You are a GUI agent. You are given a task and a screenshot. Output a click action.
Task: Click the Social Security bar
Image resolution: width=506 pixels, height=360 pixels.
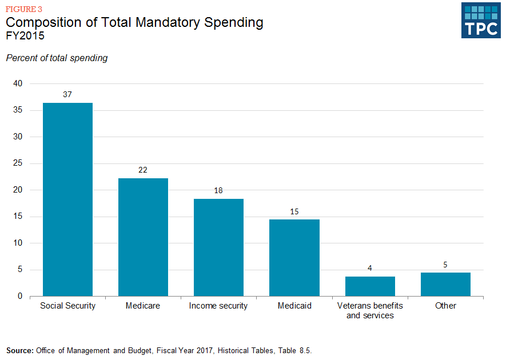tap(67, 199)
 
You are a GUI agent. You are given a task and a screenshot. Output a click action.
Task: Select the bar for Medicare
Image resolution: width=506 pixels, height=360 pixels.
tap(143, 237)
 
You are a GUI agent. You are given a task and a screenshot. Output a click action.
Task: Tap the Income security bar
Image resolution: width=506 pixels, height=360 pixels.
tap(218, 247)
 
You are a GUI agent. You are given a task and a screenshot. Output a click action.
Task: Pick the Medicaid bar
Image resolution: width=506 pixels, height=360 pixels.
tap(294, 258)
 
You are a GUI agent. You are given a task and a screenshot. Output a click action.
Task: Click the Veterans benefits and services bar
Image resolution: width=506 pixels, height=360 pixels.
tap(370, 286)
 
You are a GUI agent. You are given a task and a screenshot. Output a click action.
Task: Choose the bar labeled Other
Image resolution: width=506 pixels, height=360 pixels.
tap(445, 285)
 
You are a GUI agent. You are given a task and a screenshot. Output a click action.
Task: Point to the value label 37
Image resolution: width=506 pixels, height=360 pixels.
tap(67, 94)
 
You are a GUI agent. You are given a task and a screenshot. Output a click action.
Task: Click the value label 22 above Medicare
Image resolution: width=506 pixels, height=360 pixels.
tap(143, 170)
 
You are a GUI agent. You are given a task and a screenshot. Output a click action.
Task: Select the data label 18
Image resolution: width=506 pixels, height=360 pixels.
tap(218, 190)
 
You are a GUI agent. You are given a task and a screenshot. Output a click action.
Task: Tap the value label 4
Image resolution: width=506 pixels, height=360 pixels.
tap(370, 268)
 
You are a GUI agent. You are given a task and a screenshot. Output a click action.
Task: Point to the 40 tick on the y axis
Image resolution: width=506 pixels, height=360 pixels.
tap(18, 83)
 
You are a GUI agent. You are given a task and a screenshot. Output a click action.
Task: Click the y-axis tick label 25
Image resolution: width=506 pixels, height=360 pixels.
tap(18, 163)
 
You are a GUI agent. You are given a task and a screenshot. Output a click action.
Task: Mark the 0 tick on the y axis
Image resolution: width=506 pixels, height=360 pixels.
tap(20, 296)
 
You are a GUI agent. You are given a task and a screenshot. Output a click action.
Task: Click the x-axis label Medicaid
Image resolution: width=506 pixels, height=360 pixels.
tap(294, 306)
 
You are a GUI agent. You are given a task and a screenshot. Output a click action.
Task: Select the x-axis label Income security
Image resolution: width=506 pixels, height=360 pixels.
tap(218, 306)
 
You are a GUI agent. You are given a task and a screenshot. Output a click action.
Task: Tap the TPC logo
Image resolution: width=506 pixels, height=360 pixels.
tap(481, 20)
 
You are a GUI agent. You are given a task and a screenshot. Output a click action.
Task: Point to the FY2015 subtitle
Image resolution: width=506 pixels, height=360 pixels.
tap(25, 35)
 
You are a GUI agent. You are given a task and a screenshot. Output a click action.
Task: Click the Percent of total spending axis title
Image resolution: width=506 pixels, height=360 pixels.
tap(57, 58)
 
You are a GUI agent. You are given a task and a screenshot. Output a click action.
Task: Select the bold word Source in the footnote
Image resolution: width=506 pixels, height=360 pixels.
tap(19, 350)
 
